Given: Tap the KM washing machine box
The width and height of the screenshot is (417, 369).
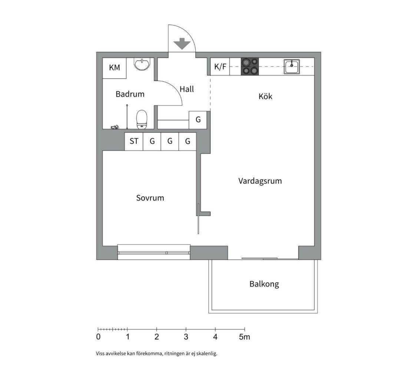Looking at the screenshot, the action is [x=115, y=68].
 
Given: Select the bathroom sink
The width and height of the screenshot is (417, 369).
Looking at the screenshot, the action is [x=142, y=64].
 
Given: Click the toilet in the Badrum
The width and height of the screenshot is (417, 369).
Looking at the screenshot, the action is [x=142, y=120].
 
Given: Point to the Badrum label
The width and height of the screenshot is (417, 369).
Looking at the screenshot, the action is [x=130, y=94].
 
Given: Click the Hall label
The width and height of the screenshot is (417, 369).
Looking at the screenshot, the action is [x=187, y=89].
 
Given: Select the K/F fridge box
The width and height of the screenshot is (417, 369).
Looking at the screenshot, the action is [x=220, y=66].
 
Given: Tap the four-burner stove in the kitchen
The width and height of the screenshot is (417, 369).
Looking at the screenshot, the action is [x=250, y=66].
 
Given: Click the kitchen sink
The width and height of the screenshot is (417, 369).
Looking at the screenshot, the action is [x=291, y=66].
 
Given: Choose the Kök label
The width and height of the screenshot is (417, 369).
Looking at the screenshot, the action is [x=265, y=96].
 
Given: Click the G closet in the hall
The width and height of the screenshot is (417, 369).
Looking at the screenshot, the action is [x=198, y=120].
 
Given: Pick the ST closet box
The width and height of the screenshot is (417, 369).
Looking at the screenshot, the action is [x=134, y=141].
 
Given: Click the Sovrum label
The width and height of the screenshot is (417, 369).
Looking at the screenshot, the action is [x=150, y=198].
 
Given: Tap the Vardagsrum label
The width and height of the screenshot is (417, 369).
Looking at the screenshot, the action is [x=260, y=181].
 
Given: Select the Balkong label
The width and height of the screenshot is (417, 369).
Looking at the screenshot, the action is [x=264, y=284].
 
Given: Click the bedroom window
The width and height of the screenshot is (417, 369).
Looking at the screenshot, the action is [x=154, y=252].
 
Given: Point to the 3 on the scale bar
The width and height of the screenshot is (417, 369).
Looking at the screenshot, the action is [x=186, y=337].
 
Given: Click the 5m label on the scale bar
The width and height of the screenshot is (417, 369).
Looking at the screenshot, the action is [x=244, y=337].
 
